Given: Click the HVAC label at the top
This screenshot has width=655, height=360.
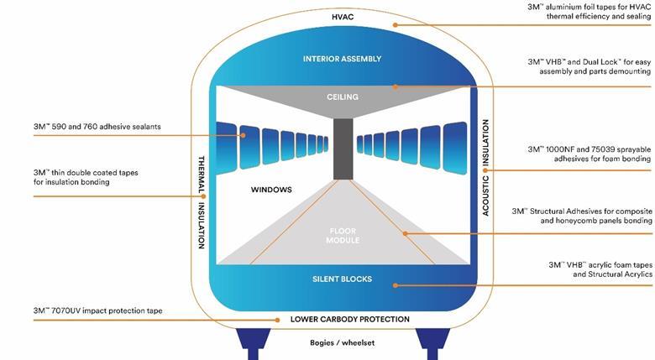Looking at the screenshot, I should pos(342,18).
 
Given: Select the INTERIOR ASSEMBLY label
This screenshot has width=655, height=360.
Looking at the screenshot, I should pos(342,59).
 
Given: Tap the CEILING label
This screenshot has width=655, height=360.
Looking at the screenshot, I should pos(342,97).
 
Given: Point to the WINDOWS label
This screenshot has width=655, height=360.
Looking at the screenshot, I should pos(270,190).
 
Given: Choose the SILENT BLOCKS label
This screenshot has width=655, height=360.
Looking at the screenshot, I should pos(342,279).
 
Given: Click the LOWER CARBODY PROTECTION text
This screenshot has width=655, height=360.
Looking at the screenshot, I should pos(349,319).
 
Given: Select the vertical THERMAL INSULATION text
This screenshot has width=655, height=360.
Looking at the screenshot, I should pos(201,201).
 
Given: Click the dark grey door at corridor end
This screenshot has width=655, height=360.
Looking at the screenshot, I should pos(342,149).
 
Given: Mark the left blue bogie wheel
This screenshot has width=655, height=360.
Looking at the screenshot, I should pos(254,341).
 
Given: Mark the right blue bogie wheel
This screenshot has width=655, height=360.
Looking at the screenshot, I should pos(433,341).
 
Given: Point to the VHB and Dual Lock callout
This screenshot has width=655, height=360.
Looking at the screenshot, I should pos(588,66).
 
